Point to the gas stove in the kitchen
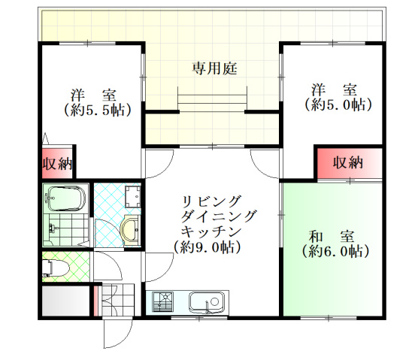163,304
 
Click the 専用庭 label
214,69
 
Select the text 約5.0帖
338,105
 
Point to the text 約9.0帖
207,246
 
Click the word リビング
211,201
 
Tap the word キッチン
211,231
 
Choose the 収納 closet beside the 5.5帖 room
56,163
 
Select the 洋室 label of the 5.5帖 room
94,95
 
